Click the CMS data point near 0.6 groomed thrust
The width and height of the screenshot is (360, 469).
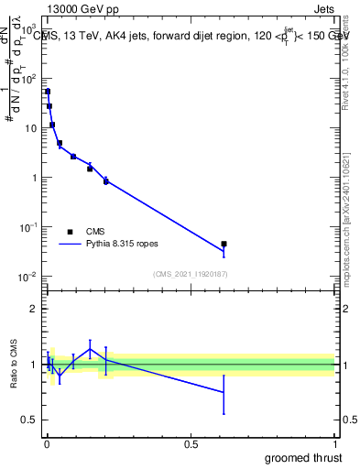(x=224, y=245)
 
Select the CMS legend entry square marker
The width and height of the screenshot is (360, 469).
(x=69, y=232)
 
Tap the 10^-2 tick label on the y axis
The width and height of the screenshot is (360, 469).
(x=30, y=277)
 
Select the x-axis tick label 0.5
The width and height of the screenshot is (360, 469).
(x=191, y=445)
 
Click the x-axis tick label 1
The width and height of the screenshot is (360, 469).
(x=334, y=445)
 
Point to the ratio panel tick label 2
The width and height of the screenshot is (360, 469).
(x=34, y=310)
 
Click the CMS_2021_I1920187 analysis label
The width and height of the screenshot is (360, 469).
(x=189, y=274)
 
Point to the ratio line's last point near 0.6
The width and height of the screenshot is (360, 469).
(x=224, y=392)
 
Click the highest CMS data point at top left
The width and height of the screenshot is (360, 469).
(x=48, y=92)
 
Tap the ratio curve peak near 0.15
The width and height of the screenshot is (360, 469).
(x=90, y=349)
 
